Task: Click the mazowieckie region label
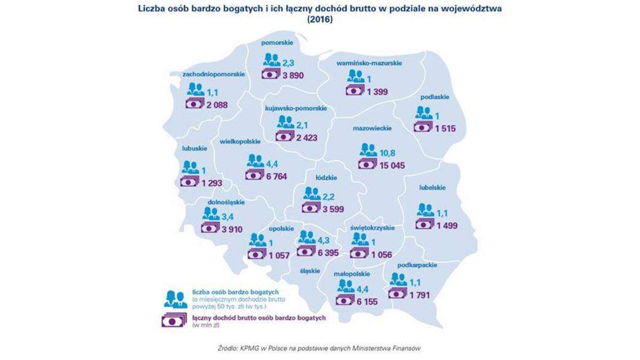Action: (x=373, y=129)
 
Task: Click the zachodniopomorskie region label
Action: (x=213, y=74)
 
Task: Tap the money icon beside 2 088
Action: (x=195, y=105)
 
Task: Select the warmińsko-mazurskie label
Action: (x=369, y=63)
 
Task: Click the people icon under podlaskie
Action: (x=424, y=113)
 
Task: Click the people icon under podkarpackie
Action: (x=398, y=279)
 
